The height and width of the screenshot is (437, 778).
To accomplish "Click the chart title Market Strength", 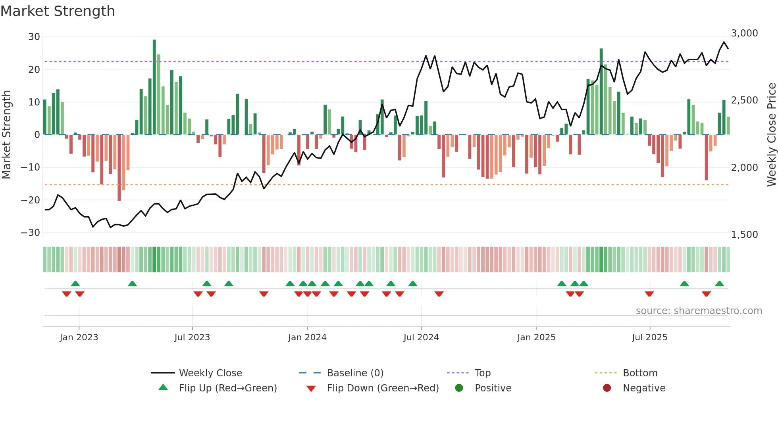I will point(58,11).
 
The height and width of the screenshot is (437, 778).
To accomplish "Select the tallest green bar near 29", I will point(154,87).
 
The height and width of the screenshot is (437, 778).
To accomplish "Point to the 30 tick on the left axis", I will point(34,37).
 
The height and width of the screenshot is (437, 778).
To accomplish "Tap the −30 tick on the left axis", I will point(31,233).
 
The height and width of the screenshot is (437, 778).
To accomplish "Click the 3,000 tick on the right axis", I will point(744,33).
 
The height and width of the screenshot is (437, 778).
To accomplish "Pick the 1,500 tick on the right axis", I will point(744,235).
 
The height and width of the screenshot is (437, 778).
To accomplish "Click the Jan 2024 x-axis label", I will point(307,337).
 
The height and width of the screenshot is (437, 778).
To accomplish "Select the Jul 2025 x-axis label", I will point(649,337).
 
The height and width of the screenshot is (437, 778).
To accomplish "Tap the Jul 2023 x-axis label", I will point(192,337).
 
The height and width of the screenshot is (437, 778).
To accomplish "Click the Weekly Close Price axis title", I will point(771,135).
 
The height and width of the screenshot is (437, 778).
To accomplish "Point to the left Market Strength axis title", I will point(6,135).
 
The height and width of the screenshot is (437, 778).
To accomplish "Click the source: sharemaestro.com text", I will point(699,311).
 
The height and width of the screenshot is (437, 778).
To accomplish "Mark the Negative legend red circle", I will point(607,388).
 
